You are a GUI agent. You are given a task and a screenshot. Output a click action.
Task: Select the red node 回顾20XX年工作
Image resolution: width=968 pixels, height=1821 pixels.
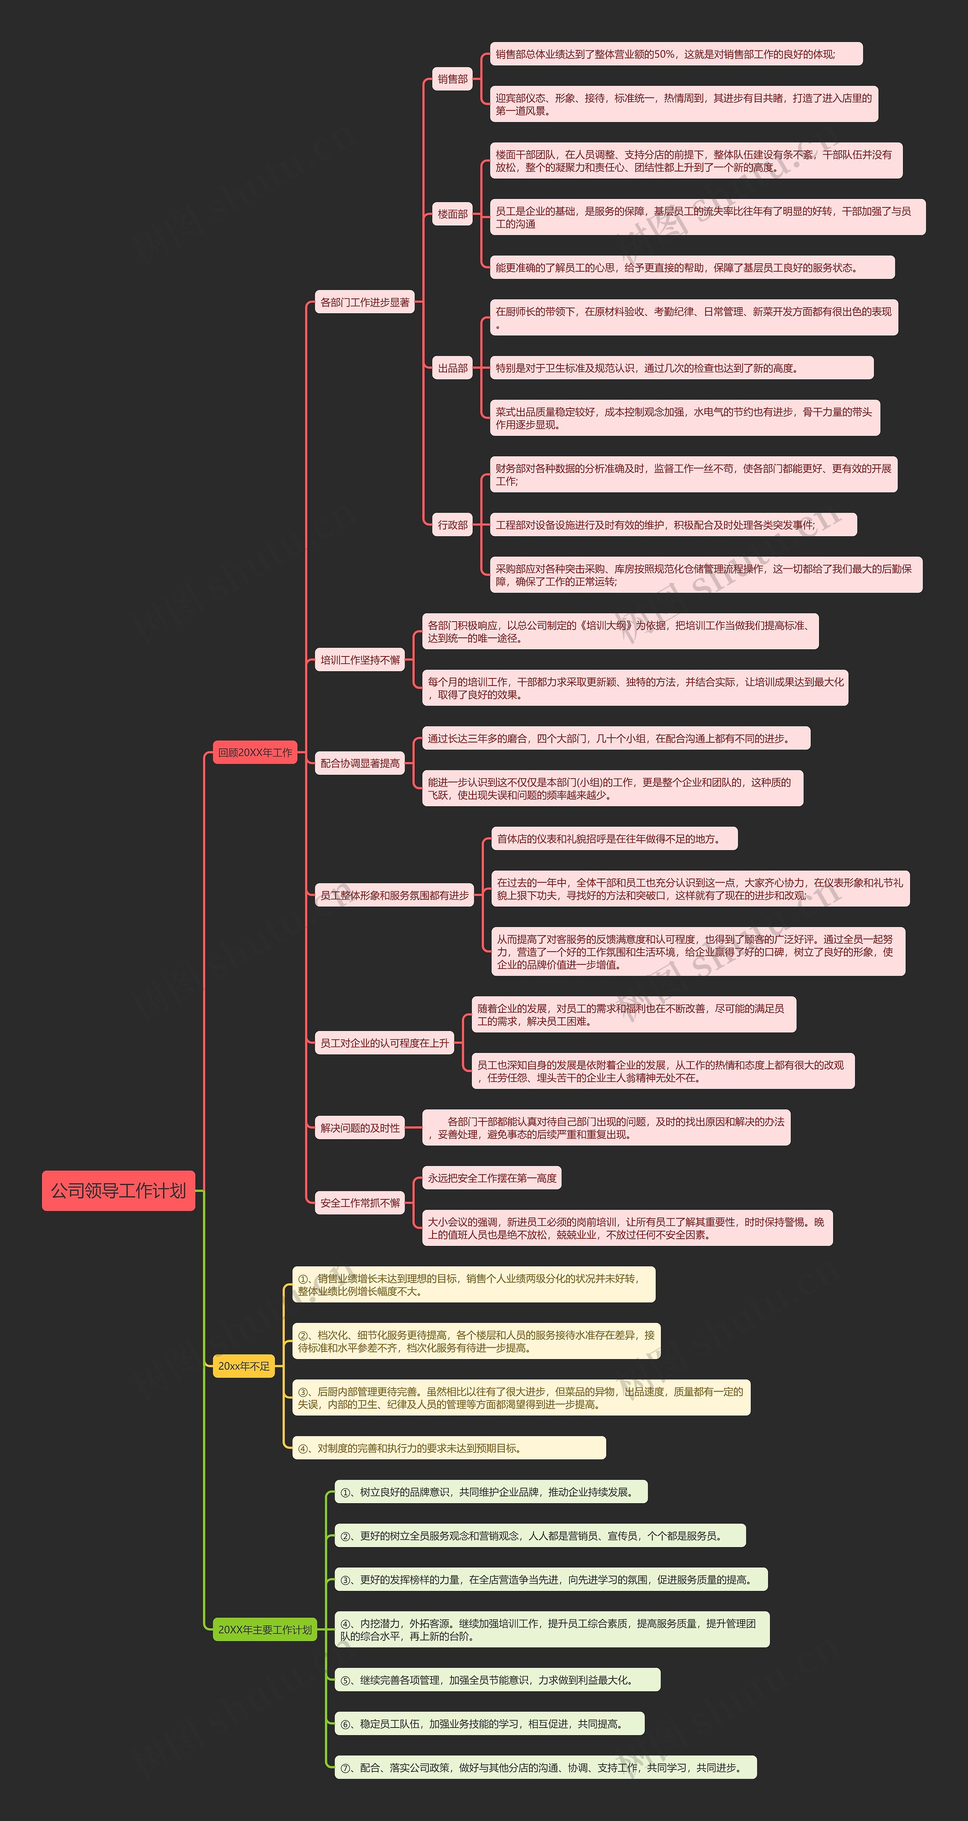[x=255, y=752]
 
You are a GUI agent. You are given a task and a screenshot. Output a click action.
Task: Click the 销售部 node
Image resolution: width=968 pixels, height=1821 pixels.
[x=452, y=79]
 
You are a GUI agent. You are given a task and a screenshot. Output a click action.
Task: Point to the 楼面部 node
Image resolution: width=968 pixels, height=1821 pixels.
[x=452, y=213]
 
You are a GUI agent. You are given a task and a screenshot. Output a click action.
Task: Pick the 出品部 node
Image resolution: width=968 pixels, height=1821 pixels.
[x=452, y=368]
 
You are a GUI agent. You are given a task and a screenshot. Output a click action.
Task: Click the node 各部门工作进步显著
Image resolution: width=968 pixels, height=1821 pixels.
[x=365, y=302]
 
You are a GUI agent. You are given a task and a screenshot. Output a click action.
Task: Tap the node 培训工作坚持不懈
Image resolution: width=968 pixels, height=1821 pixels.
[x=360, y=659]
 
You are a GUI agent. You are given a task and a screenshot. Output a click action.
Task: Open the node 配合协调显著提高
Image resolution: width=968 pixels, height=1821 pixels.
[x=360, y=763]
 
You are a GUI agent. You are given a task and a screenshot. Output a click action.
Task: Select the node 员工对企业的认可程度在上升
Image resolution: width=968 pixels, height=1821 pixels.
[x=385, y=1043]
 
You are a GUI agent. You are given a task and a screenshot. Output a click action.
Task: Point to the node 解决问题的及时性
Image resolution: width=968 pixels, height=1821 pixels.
[x=360, y=1127]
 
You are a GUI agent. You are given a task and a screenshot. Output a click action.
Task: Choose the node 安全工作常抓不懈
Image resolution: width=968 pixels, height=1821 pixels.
[x=360, y=1202]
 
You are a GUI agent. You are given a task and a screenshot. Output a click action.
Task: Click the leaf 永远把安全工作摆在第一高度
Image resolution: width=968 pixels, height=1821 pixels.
[x=492, y=1178]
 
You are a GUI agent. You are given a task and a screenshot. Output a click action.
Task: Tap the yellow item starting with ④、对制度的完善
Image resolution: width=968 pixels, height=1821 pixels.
[x=449, y=1448]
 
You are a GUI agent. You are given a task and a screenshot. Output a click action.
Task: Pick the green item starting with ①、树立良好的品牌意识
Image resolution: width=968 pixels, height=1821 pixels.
[x=490, y=1491]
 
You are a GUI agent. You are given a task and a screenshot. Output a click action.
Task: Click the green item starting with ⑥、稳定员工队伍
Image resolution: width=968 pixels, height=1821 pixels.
[x=489, y=1723]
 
